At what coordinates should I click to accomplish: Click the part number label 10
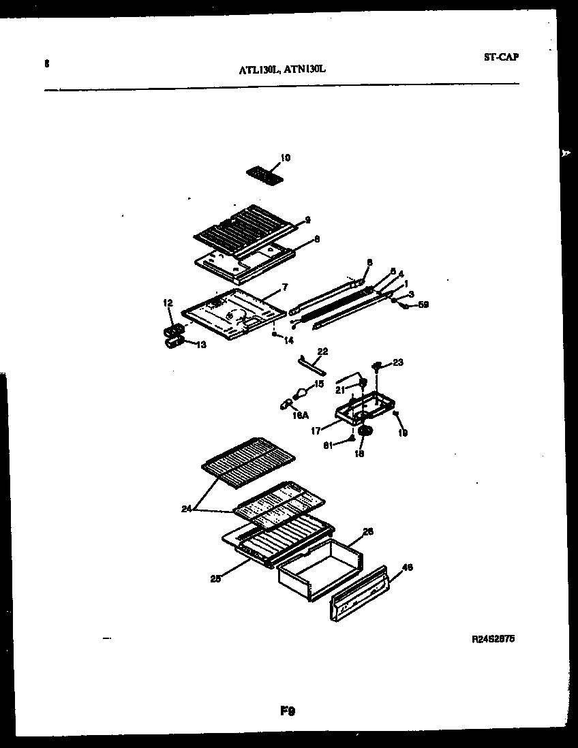(x=285, y=158)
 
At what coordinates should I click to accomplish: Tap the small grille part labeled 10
(x=263, y=174)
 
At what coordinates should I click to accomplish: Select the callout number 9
(x=307, y=219)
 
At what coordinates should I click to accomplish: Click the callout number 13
(x=201, y=345)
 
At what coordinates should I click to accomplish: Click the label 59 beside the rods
(x=424, y=305)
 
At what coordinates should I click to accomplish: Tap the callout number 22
(x=322, y=352)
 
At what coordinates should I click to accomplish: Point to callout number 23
(x=398, y=362)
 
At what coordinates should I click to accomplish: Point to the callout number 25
(x=216, y=580)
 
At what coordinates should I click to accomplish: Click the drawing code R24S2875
(x=493, y=640)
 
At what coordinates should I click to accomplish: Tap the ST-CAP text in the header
(x=501, y=57)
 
